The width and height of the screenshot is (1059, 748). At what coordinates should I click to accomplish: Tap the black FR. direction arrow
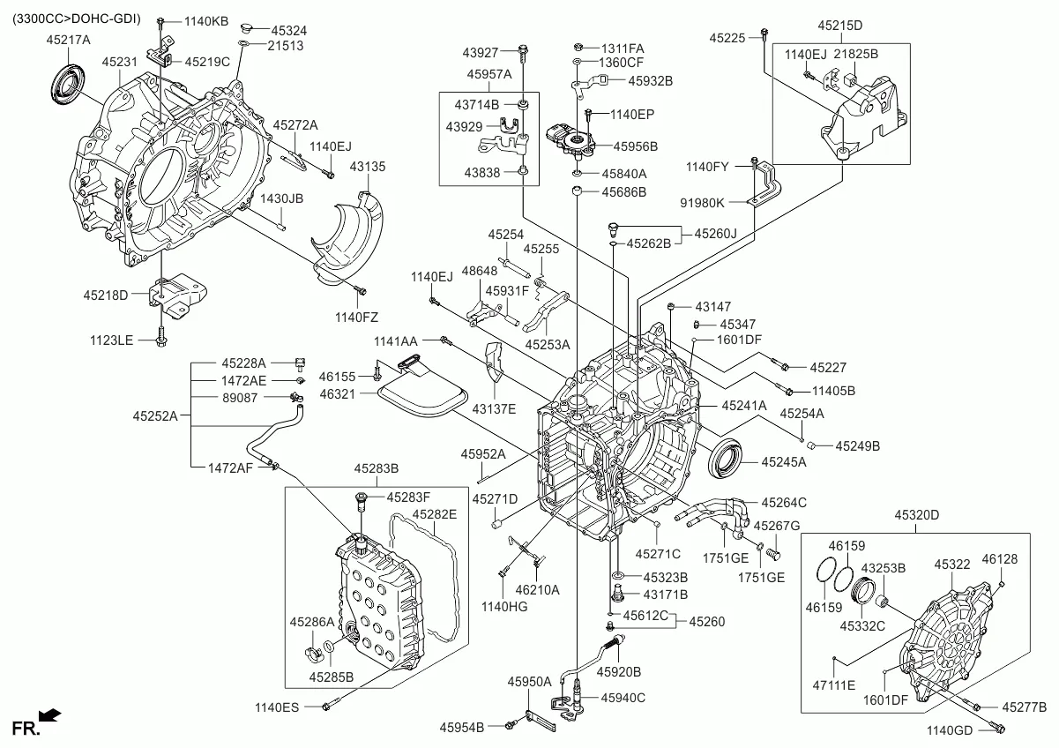coord(50,714)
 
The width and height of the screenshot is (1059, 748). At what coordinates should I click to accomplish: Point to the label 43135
coord(367,166)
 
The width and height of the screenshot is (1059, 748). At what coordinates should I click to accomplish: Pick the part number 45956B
coord(636,146)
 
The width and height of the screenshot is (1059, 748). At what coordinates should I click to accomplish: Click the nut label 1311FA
coord(623,47)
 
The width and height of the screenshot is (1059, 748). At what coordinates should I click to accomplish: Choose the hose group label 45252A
coord(155,415)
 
